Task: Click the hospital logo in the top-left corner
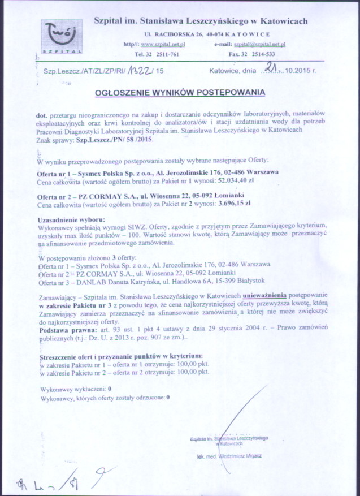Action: pos(60,34)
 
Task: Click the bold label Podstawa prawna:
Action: pos(61,327)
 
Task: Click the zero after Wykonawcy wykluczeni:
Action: pos(109,389)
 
